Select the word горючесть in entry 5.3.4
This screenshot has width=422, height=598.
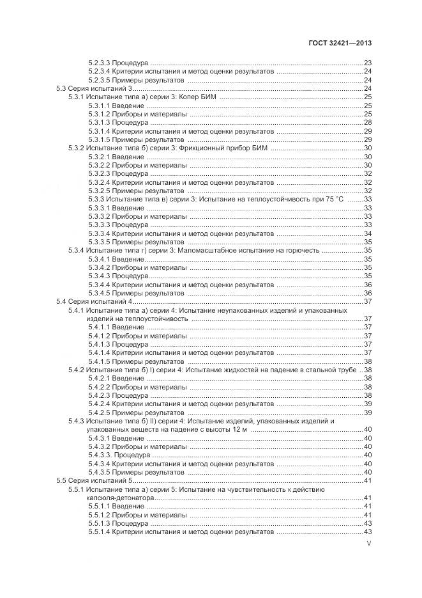pos(301,251)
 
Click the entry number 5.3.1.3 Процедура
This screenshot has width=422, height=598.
pos(100,122)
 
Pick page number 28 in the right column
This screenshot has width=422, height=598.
pos(368,122)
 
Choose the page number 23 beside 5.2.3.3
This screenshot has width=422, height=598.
pos(368,63)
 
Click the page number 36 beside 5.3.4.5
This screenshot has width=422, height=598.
pos(368,293)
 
